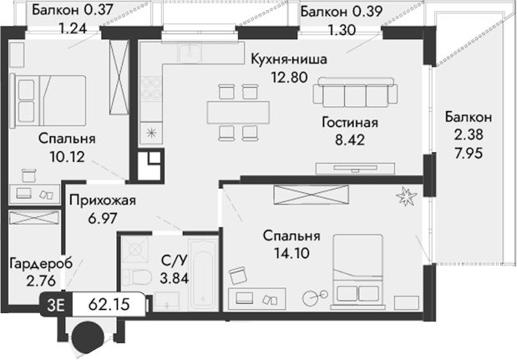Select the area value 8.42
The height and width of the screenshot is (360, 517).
[x=351, y=139]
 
